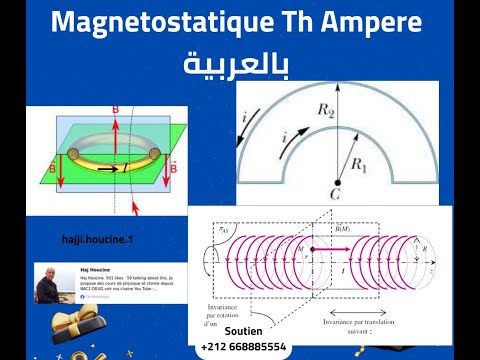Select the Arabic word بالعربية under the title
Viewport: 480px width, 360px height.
point(236,65)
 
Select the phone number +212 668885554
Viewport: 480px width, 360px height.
point(243,346)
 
